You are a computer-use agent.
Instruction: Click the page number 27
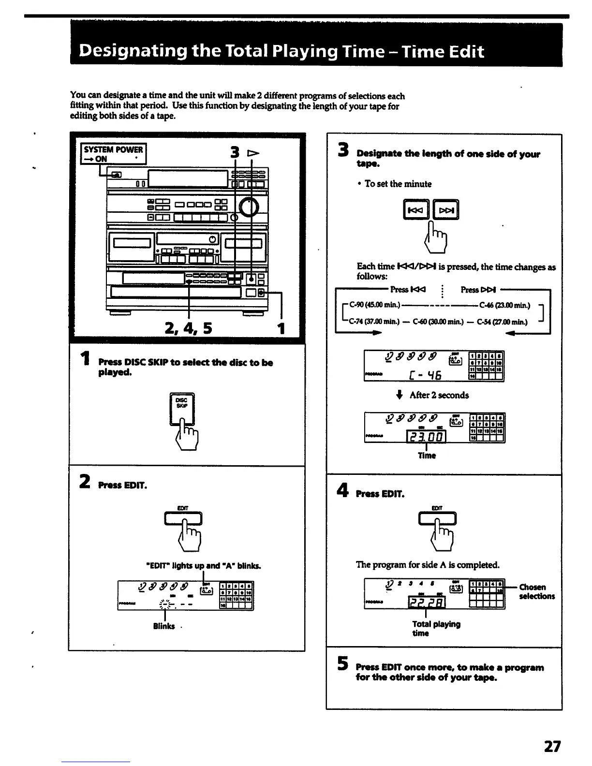(552, 747)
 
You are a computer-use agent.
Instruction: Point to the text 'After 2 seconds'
(439, 395)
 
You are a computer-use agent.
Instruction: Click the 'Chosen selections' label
(537, 592)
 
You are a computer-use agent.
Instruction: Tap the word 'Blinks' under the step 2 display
(164, 626)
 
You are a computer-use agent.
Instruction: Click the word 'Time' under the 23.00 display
(427, 456)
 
